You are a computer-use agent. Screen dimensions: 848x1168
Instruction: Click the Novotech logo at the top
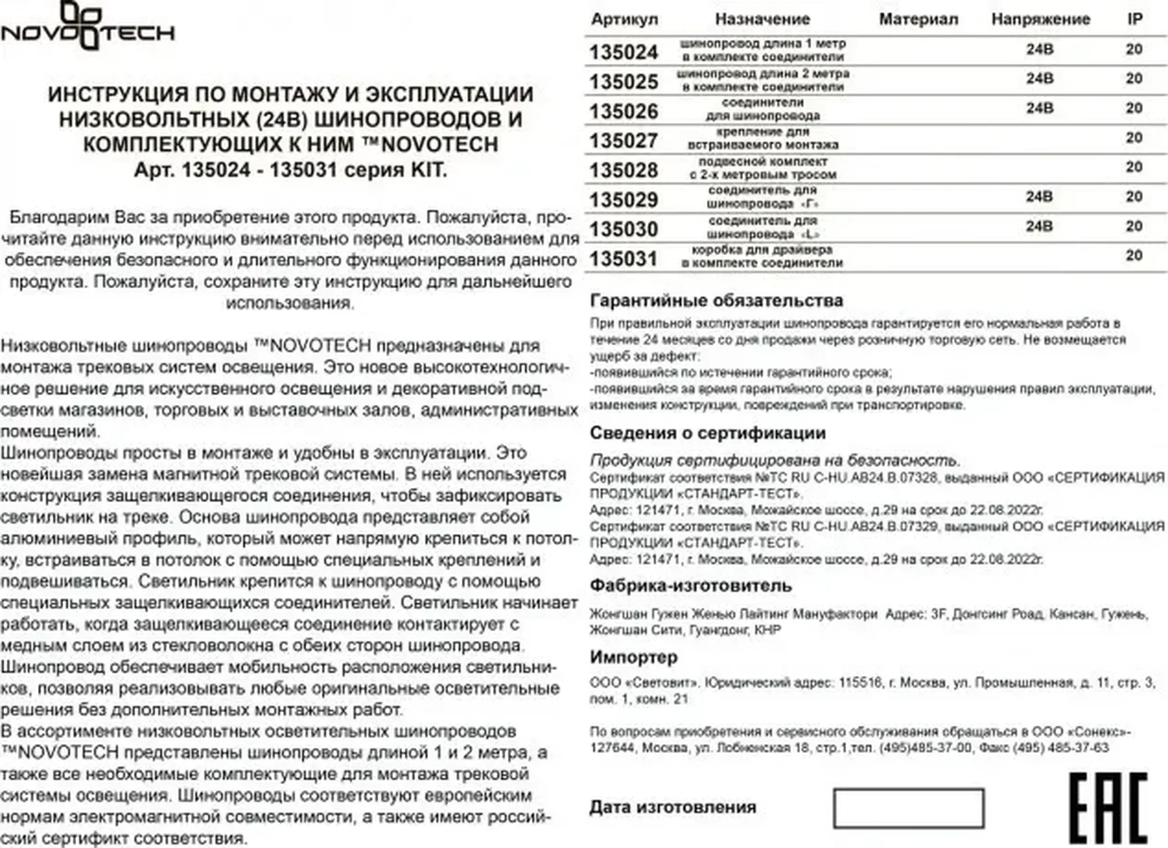tap(88, 27)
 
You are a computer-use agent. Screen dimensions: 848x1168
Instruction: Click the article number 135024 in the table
tap(623, 52)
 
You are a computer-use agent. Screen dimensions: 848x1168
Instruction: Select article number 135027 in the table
tap(623, 141)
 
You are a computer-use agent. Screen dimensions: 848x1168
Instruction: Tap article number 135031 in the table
tap(623, 259)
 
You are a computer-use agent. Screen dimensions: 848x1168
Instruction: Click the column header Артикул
tap(624, 19)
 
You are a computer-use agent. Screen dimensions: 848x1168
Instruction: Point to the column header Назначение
tap(762, 19)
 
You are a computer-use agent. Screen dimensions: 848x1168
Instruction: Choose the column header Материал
tap(918, 19)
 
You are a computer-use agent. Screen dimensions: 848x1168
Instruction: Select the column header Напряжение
tap(1040, 19)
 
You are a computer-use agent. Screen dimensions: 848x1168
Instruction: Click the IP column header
tap(1135, 19)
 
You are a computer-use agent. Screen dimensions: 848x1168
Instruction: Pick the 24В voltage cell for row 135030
tap(1039, 226)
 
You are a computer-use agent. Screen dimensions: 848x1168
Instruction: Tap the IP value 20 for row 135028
tap(1133, 167)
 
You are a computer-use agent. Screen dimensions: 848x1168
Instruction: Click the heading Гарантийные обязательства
tap(716, 300)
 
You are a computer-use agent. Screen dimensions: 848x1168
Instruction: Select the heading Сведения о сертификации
tap(707, 433)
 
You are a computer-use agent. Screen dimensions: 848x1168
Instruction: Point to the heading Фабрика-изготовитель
tap(690, 585)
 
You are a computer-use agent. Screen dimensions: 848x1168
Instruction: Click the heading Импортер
tap(633, 657)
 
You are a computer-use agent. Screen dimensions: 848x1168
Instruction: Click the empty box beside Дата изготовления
tap(908, 808)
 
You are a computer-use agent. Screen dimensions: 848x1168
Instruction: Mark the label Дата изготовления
tap(672, 807)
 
